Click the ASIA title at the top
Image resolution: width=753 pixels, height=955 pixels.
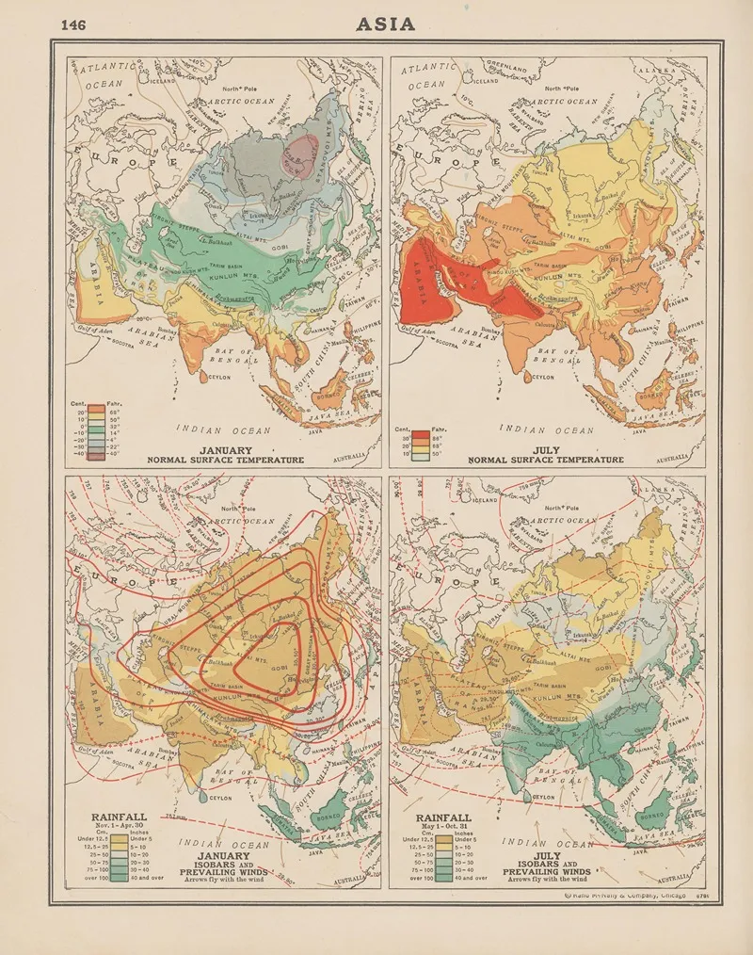click(385, 24)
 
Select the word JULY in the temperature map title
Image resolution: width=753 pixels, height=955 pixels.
click(545, 450)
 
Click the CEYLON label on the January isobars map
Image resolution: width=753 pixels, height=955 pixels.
click(218, 797)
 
